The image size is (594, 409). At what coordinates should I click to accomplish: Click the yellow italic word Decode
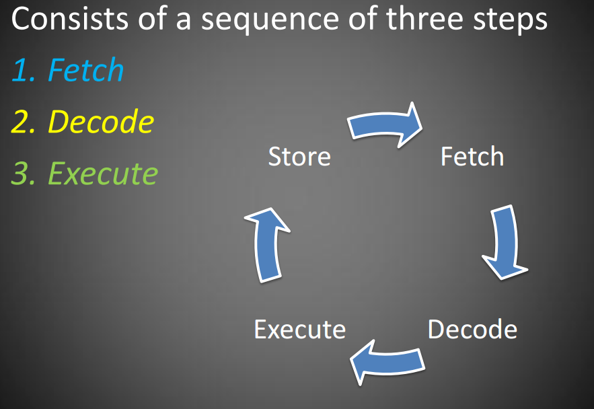(x=101, y=122)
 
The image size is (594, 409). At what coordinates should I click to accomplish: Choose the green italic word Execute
(x=103, y=174)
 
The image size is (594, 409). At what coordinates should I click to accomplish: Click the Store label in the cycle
(x=299, y=157)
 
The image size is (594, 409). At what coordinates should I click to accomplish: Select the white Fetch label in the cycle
(x=472, y=157)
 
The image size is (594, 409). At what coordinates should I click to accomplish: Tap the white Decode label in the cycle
(x=472, y=330)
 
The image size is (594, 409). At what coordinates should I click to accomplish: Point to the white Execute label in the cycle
(x=299, y=330)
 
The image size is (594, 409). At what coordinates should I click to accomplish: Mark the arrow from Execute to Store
(x=267, y=244)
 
